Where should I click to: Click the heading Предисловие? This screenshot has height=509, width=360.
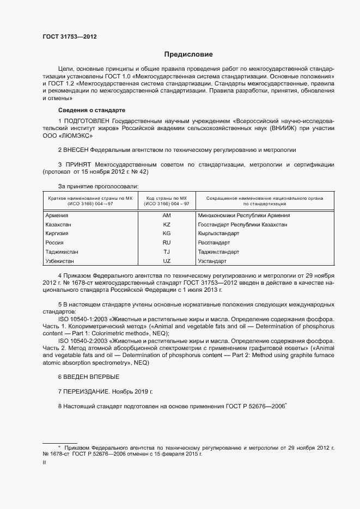[188, 54]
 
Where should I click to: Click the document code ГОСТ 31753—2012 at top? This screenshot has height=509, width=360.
[70, 36]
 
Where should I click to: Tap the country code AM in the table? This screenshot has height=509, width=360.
[167, 215]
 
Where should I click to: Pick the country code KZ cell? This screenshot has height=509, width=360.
[167, 224]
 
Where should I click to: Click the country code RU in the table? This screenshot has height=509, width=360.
[167, 243]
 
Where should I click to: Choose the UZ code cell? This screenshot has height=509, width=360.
[167, 261]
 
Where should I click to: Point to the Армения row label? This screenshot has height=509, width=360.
[57, 215]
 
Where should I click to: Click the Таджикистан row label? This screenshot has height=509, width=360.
[62, 252]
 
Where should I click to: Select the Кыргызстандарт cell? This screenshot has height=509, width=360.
[218, 234]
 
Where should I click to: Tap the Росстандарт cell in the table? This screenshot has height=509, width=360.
[214, 243]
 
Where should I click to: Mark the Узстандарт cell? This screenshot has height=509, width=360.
[213, 261]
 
